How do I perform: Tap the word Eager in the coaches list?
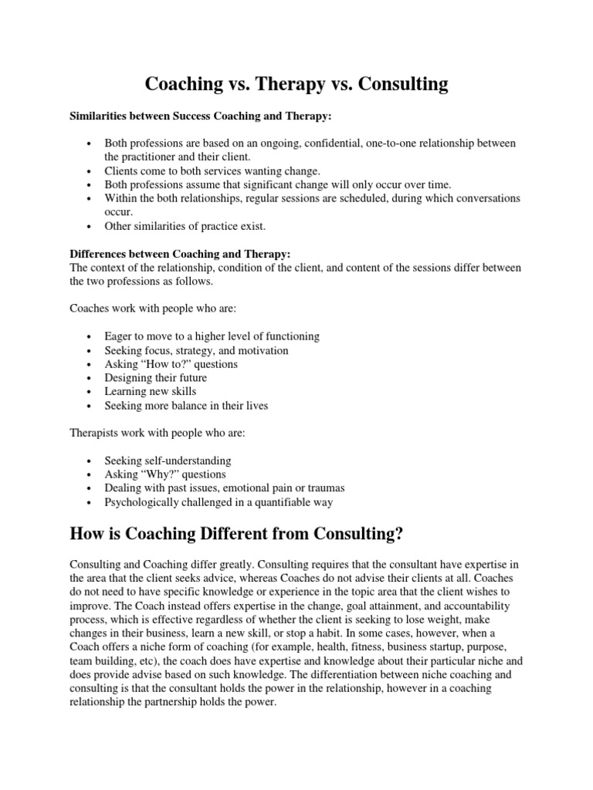pos(119,336)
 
